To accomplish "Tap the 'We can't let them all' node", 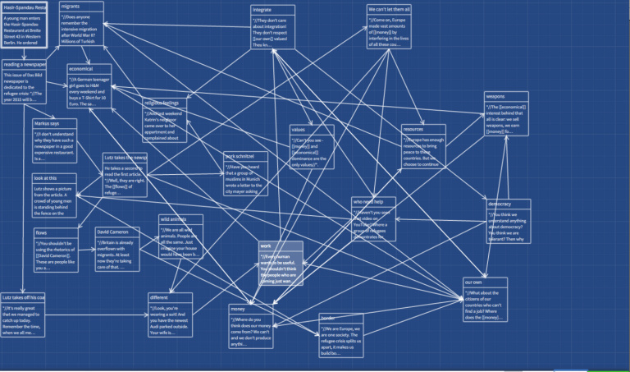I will [389, 27].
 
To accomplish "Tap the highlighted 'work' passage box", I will [281, 264].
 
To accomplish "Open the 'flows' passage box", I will [54, 250].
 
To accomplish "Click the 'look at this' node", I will [54, 195].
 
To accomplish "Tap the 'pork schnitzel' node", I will [245, 172].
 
